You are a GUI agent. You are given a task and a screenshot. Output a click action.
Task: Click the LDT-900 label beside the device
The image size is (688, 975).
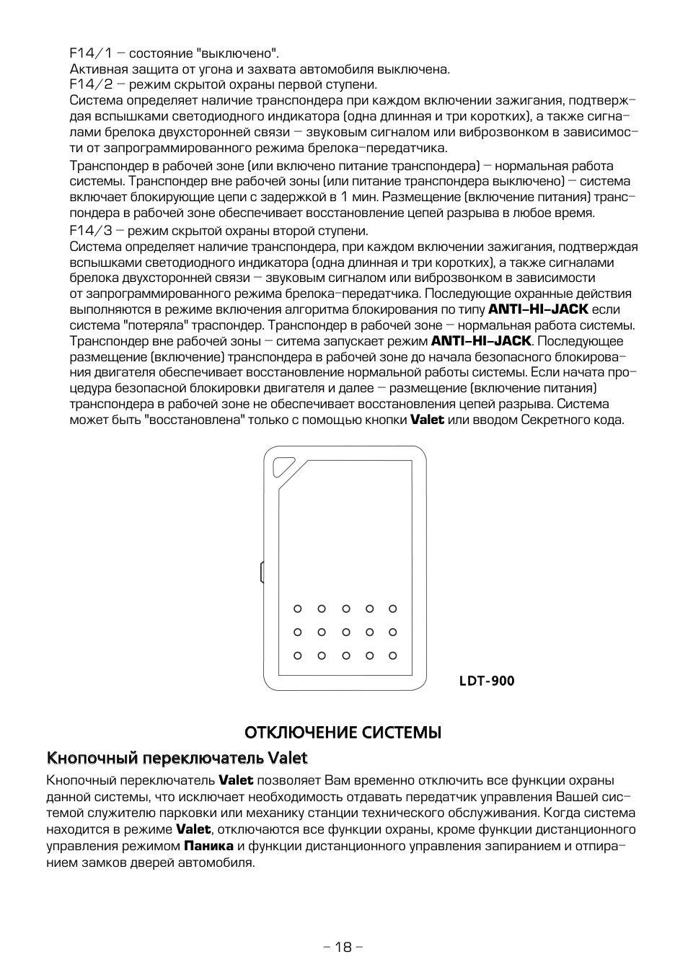click(x=487, y=681)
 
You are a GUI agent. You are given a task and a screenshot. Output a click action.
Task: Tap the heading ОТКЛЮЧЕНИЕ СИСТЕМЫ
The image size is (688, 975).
click(x=343, y=733)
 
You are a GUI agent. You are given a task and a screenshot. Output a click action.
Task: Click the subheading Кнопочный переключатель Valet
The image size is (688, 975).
click(x=177, y=758)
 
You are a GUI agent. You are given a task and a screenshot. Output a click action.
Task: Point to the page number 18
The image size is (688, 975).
click(x=343, y=947)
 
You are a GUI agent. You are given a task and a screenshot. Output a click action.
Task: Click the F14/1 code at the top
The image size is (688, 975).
click(x=91, y=53)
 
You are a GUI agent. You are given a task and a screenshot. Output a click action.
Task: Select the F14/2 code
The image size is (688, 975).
click(x=91, y=84)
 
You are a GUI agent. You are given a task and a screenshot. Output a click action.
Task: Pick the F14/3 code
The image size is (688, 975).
click(x=91, y=231)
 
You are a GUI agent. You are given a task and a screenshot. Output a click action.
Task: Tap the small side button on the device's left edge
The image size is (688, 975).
click(x=262, y=572)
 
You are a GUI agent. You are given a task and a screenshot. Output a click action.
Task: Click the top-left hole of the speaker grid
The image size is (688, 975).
click(x=297, y=609)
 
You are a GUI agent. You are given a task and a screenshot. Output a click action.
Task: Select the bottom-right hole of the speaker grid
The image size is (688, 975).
click(x=393, y=656)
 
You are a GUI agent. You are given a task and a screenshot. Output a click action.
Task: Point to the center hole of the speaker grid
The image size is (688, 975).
click(x=345, y=632)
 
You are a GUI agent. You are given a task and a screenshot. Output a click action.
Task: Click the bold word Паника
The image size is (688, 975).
click(x=208, y=846)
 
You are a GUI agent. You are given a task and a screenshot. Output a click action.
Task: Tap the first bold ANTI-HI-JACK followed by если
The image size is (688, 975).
click(x=538, y=309)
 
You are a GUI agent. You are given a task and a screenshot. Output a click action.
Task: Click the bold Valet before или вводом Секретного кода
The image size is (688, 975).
click(x=427, y=420)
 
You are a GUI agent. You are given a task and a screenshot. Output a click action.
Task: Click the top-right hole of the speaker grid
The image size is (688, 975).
click(x=393, y=609)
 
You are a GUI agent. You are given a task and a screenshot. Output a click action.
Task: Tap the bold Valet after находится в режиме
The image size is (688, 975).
click(x=193, y=830)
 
